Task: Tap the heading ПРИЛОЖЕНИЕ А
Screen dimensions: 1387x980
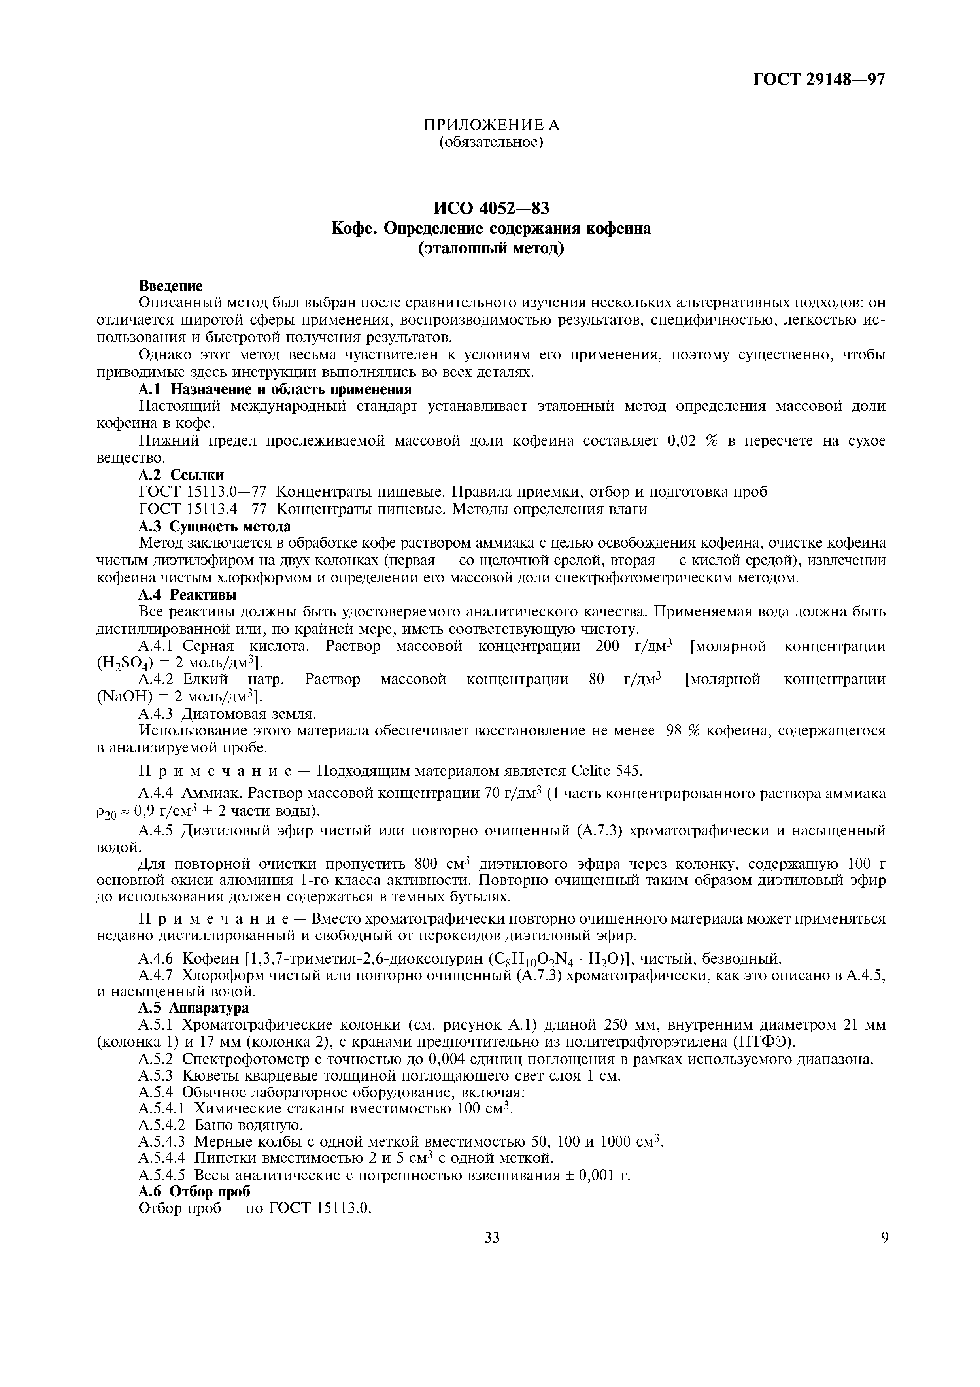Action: click(x=491, y=125)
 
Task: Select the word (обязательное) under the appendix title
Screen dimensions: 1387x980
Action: click(x=491, y=143)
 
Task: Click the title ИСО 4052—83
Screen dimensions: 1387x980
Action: click(x=491, y=208)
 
